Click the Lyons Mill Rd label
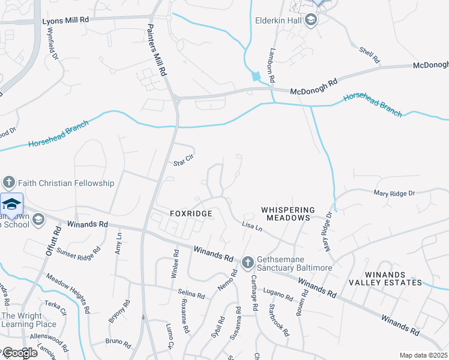(x=65, y=20)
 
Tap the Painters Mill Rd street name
(x=155, y=50)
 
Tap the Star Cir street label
(x=184, y=160)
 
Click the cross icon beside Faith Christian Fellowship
(x=9, y=182)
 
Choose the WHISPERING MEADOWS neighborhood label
(x=288, y=214)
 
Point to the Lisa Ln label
(x=252, y=227)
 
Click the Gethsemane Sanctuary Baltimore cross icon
(x=247, y=262)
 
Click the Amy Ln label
(x=118, y=244)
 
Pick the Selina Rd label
(x=191, y=295)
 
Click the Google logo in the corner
(x=19, y=353)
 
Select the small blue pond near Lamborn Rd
(x=258, y=76)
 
